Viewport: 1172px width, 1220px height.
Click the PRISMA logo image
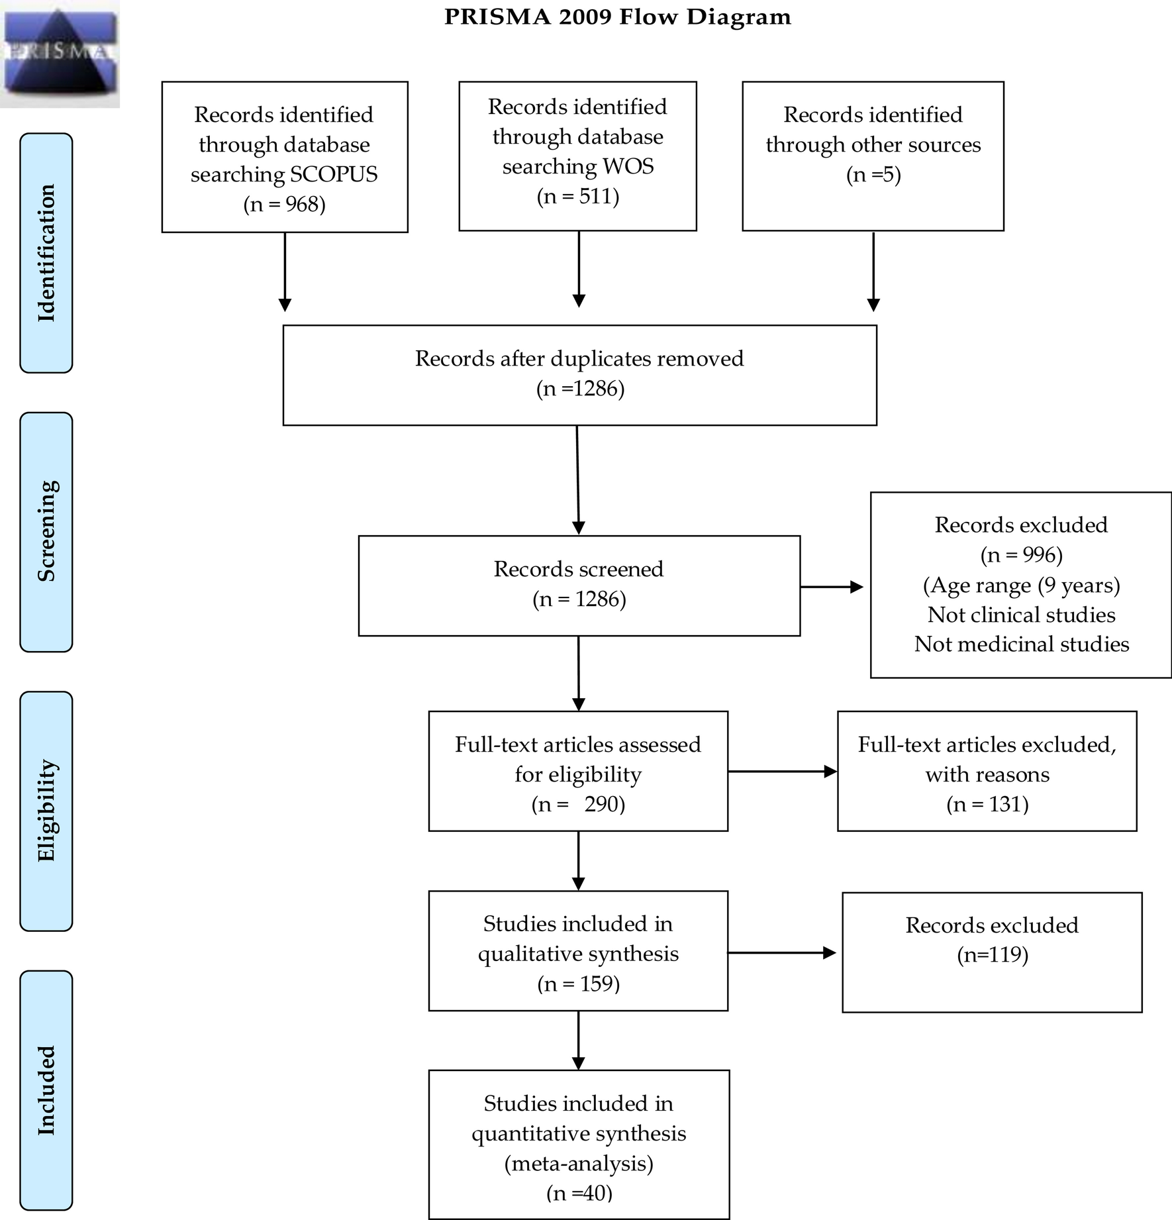[60, 53]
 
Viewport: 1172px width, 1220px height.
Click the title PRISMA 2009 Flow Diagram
[617, 17]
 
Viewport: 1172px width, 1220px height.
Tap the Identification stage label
[46, 253]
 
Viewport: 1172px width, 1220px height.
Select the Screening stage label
[46, 531]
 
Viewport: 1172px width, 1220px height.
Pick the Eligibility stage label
[46, 811]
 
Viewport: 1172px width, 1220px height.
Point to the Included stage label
[46, 1090]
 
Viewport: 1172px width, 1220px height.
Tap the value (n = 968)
[285, 204]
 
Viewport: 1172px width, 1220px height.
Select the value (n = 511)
[578, 196]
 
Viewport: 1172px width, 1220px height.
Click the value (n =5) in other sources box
[873, 174]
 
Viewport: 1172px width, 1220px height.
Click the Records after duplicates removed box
[579, 374]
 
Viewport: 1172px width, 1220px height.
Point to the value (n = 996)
[1021, 554]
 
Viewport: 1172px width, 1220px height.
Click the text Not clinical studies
[1021, 615]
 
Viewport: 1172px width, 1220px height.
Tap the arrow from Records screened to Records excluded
[832, 587]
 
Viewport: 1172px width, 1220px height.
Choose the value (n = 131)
[987, 804]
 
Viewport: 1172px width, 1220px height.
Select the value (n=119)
[992, 955]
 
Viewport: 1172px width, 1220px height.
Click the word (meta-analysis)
[579, 1163]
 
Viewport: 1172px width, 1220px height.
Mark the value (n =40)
[579, 1193]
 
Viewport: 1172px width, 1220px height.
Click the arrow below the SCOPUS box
[285, 272]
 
